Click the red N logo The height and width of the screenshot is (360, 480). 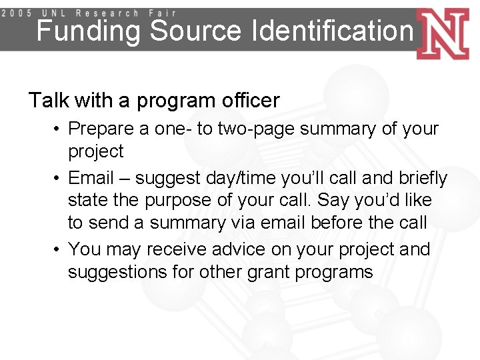443,34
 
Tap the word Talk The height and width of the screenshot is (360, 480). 49,101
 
